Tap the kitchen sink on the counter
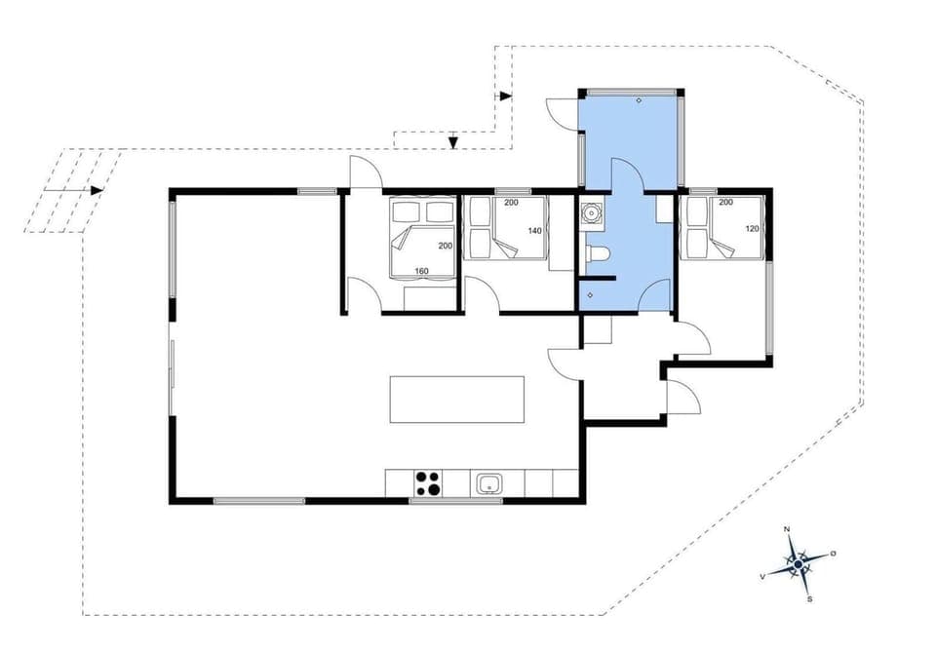488,482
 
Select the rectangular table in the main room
456,400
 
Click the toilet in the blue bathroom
596,255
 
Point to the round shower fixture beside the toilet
589,214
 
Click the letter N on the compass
788,529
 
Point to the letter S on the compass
809,599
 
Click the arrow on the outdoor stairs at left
97,190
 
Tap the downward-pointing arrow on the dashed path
453,144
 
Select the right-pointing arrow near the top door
505,96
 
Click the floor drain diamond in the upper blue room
639,100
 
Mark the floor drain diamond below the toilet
591,293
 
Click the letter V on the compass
761,576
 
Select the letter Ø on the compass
833,553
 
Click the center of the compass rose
798,564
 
